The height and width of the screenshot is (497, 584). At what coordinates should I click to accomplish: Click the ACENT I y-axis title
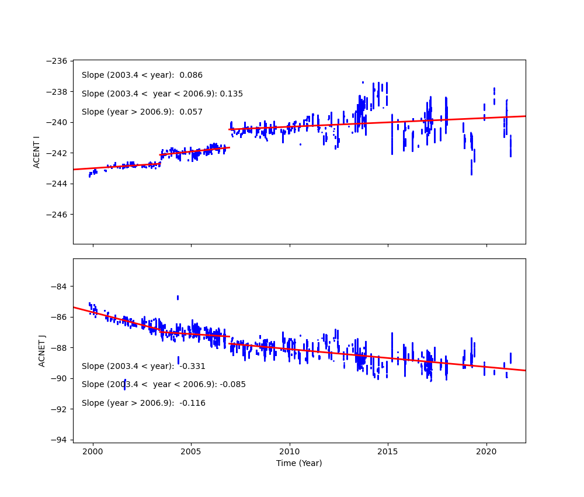pyautogui.click(x=37, y=152)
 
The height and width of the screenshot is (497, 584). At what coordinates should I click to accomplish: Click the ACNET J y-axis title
pyautogui.click(x=42, y=351)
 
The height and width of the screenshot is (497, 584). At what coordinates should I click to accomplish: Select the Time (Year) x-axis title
pyautogui.click(x=299, y=463)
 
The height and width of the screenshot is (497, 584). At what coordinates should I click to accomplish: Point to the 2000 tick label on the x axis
pyautogui.click(x=93, y=451)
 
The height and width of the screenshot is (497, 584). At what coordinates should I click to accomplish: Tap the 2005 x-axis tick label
pyautogui.click(x=191, y=451)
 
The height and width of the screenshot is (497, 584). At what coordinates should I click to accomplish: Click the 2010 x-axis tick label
pyautogui.click(x=290, y=451)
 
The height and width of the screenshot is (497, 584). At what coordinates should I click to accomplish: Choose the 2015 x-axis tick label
pyautogui.click(x=388, y=451)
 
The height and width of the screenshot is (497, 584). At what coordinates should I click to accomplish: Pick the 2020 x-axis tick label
pyautogui.click(x=486, y=451)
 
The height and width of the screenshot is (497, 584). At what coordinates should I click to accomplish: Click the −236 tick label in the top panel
pyautogui.click(x=57, y=61)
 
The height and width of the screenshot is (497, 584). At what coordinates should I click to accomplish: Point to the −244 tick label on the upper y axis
pyautogui.click(x=57, y=184)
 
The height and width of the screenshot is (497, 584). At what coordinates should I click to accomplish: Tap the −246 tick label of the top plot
pyautogui.click(x=57, y=215)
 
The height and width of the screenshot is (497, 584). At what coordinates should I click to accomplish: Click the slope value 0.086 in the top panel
pyautogui.click(x=191, y=75)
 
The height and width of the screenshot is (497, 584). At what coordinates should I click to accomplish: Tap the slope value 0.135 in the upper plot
pyautogui.click(x=231, y=94)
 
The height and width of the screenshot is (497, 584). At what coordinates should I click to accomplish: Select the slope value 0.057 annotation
pyautogui.click(x=191, y=112)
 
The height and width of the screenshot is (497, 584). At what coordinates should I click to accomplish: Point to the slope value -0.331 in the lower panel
pyautogui.click(x=192, y=367)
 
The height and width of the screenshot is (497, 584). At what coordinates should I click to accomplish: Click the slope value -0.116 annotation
pyautogui.click(x=192, y=403)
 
